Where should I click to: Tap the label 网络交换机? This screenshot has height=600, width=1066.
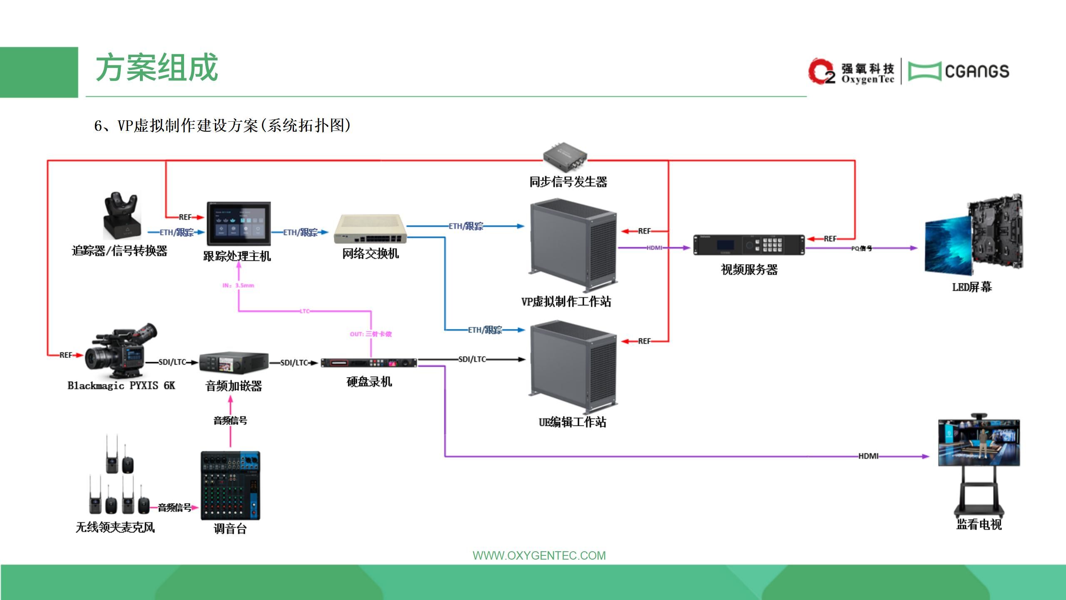[x=370, y=253]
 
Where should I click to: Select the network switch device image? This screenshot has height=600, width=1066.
[x=370, y=229]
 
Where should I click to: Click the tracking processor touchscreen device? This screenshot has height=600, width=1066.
[x=239, y=224]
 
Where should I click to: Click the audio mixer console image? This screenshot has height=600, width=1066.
[x=230, y=485]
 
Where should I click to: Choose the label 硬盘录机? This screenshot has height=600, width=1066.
[x=369, y=382]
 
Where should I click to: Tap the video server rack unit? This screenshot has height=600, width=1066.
[x=749, y=245]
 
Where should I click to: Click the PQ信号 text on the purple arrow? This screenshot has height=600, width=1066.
[x=861, y=248]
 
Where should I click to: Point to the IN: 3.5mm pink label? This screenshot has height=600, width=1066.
[x=238, y=285]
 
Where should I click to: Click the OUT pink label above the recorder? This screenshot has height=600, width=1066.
[x=371, y=334]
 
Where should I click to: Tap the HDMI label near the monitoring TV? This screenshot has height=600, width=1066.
[x=868, y=456]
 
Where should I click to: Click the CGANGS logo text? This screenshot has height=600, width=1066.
[x=977, y=72]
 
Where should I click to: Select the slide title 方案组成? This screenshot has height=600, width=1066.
[x=157, y=68]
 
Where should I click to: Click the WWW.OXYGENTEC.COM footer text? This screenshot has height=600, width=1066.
[x=539, y=555]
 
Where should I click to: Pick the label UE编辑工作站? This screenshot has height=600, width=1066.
[x=572, y=422]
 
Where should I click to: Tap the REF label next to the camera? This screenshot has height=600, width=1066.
[x=65, y=355]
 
